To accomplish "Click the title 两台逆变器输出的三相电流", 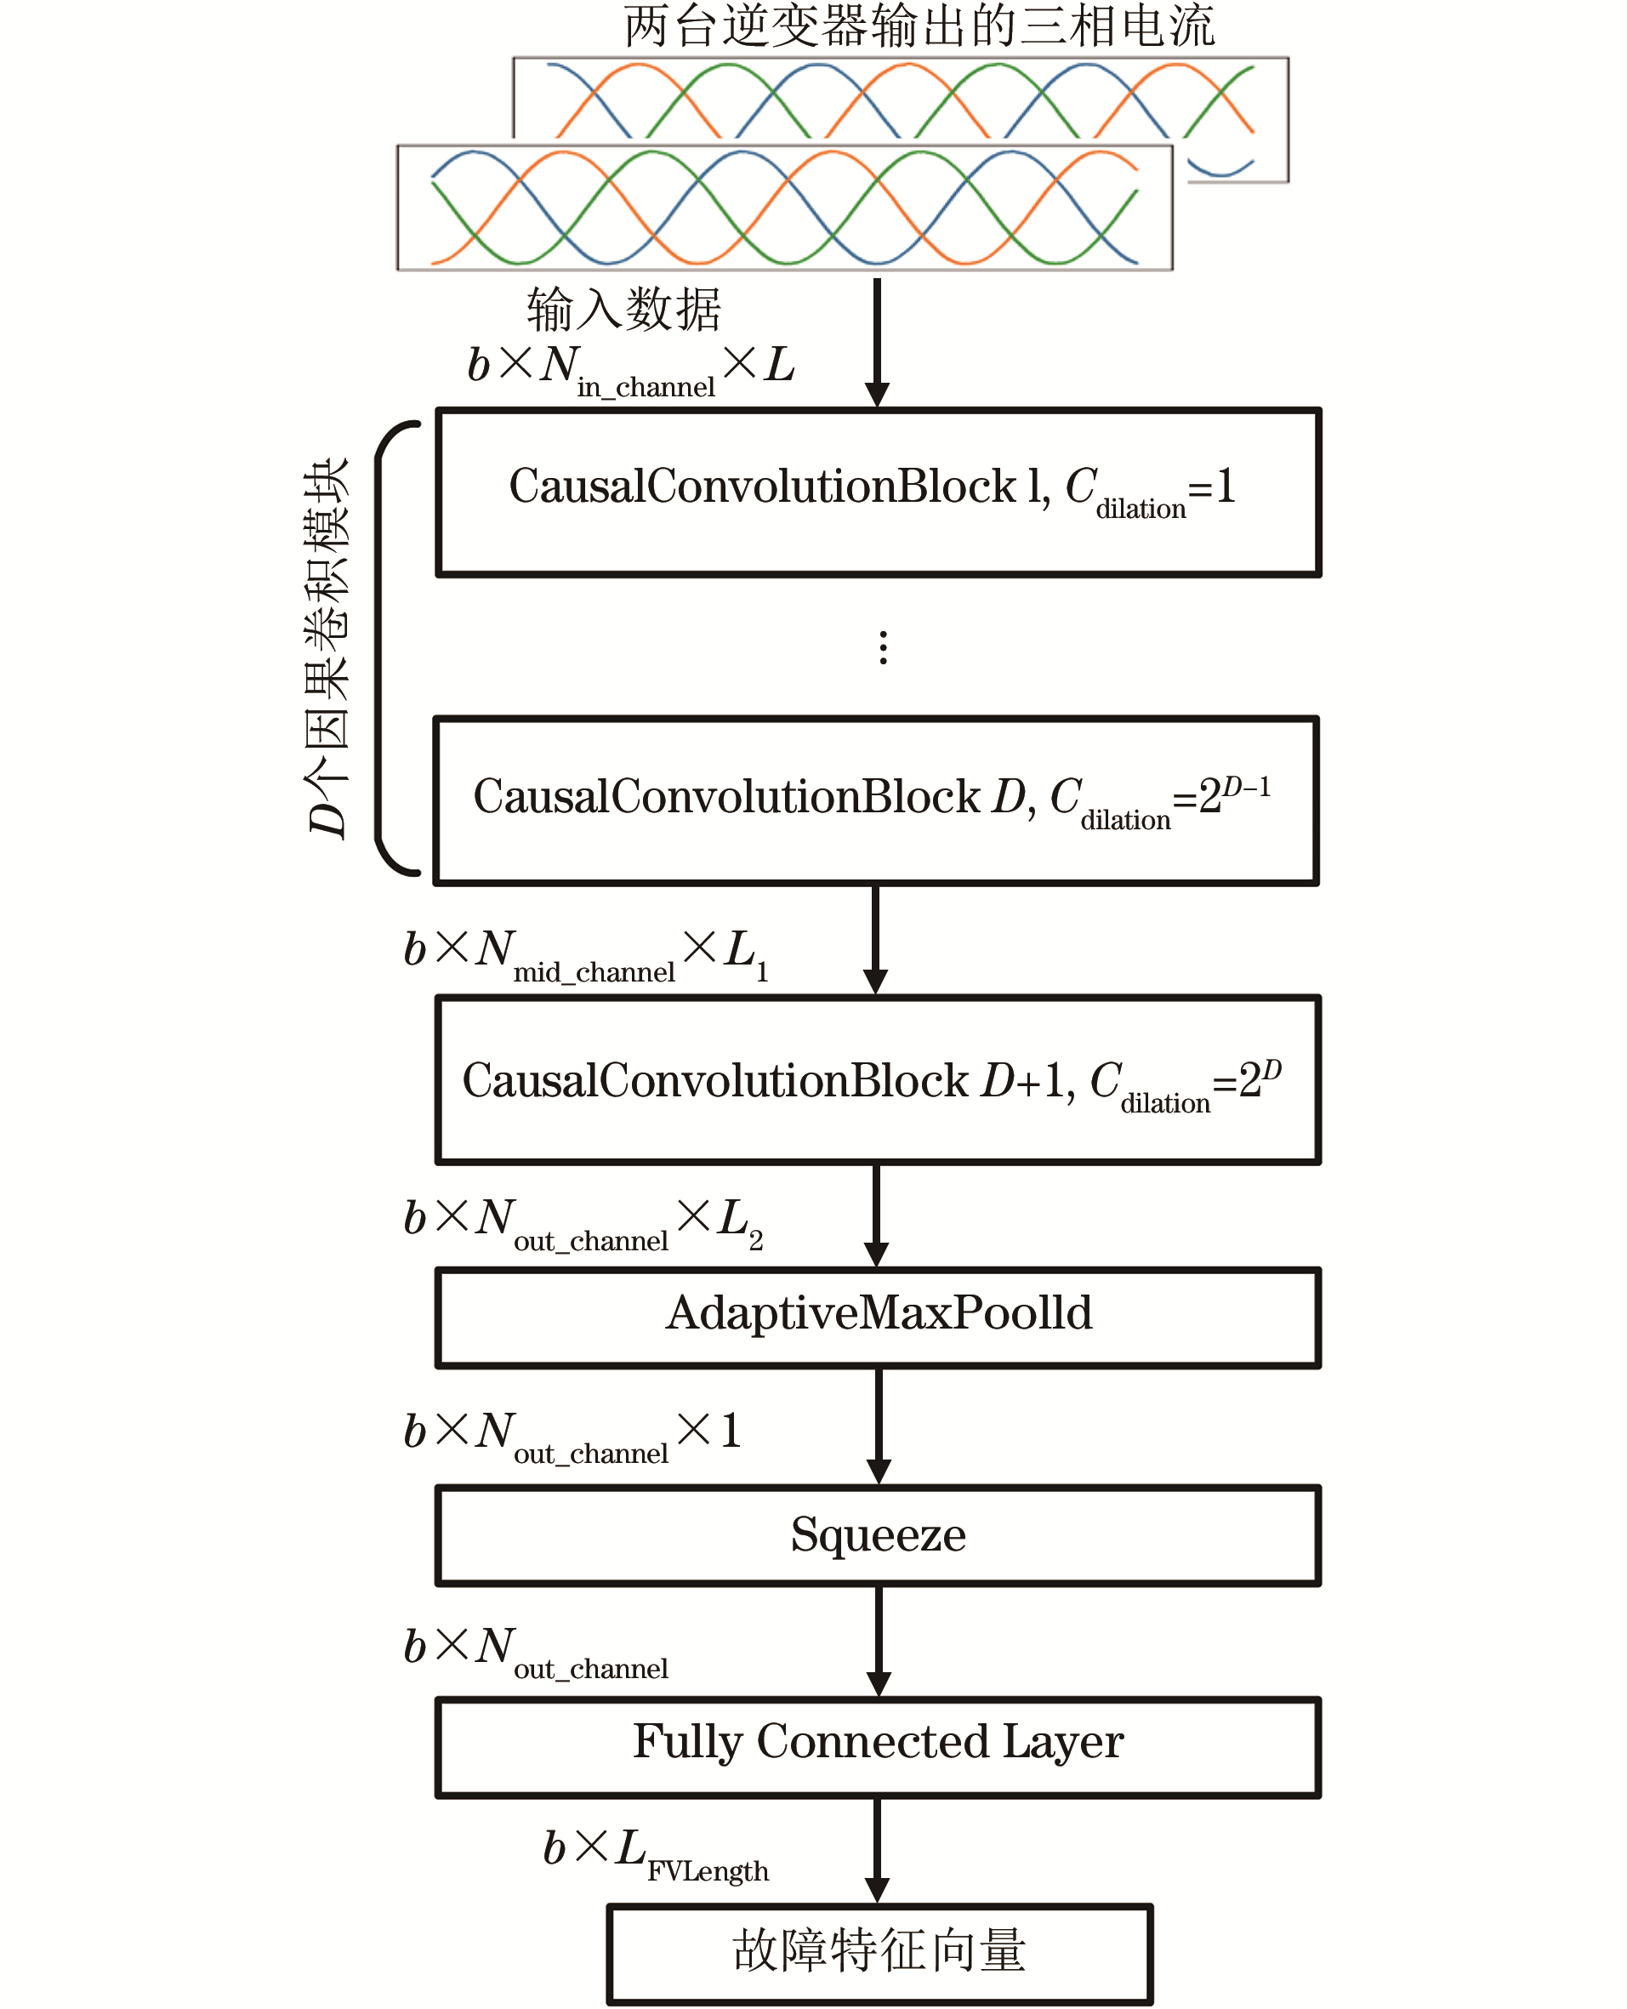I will click(x=919, y=26).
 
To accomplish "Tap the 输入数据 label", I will click(x=623, y=310).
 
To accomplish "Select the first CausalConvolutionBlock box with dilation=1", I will click(x=879, y=492).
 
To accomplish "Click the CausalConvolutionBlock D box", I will click(x=876, y=801).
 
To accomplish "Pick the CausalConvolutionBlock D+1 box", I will click(x=879, y=1080).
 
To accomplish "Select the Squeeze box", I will click(x=879, y=1535).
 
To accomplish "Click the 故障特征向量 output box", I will click(x=879, y=1954).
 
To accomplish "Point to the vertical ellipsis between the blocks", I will click(x=883, y=647).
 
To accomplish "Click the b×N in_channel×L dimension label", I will click(x=631, y=368).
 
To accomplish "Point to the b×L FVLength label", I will click(x=656, y=1853).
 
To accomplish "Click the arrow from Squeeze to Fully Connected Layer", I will click(x=879, y=1640).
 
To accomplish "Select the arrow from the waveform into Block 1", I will click(x=877, y=342).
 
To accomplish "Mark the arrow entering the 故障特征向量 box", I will click(x=877, y=1850).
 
